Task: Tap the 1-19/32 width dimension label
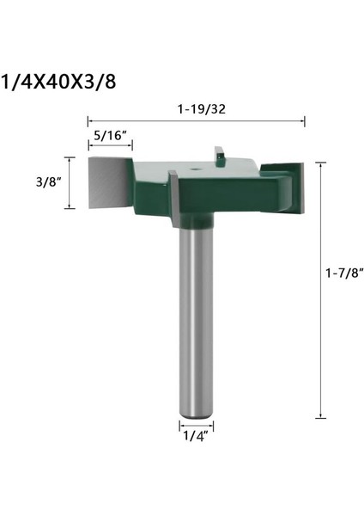196,110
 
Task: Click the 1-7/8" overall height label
345,273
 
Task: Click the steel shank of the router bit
196,318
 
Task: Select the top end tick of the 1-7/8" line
322,162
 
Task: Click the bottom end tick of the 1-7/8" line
322,419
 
